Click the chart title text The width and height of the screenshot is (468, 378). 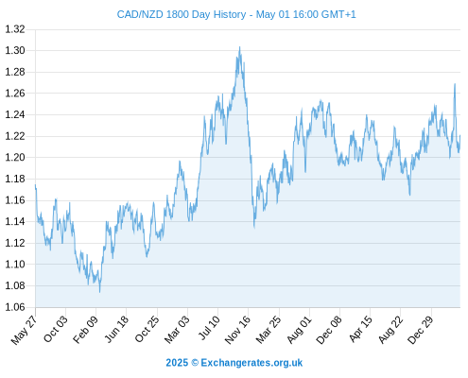(x=236, y=14)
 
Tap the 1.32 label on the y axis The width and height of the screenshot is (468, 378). (x=15, y=29)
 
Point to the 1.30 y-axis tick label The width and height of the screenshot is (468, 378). (x=15, y=50)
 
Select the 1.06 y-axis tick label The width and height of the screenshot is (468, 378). (x=15, y=307)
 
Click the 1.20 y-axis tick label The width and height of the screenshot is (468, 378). (x=15, y=157)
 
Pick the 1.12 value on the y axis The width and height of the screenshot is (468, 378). (x=15, y=243)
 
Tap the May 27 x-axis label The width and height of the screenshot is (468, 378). (x=24, y=330)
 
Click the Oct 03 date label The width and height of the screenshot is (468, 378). (x=56, y=329)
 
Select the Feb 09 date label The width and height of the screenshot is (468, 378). (x=86, y=330)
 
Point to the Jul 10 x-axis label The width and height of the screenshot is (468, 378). (x=209, y=328)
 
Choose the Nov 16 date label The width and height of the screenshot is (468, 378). (x=237, y=330)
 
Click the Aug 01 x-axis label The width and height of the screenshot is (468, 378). (x=299, y=330)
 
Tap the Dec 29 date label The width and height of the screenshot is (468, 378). (x=420, y=330)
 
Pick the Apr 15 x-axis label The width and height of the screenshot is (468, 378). (x=360, y=329)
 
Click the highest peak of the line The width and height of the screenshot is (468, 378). (x=240, y=47)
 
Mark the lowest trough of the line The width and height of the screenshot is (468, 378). (x=100, y=292)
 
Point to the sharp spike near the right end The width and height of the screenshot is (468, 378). (x=455, y=84)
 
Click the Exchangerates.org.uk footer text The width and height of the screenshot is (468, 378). (x=251, y=363)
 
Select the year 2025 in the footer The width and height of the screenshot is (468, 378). (x=177, y=363)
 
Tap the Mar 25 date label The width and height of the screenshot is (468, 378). (x=269, y=330)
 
